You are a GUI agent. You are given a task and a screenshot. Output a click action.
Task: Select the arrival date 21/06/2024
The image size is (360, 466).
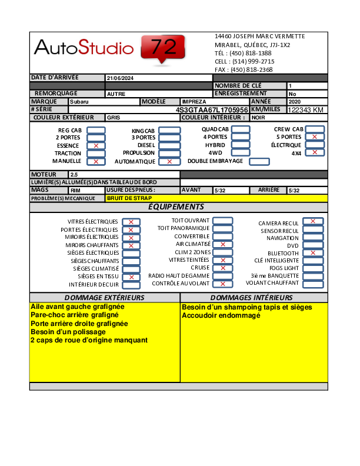[x=120, y=78]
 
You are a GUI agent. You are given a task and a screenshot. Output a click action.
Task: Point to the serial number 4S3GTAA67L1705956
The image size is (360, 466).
[x=212, y=109]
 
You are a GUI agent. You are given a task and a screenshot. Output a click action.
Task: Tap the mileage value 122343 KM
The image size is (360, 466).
[x=305, y=110]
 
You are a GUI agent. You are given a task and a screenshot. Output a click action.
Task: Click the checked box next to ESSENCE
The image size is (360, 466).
[x=96, y=145]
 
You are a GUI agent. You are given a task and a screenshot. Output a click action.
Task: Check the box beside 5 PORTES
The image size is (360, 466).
[x=315, y=137]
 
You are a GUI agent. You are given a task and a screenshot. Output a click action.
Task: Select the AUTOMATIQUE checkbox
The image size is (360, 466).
[x=169, y=161]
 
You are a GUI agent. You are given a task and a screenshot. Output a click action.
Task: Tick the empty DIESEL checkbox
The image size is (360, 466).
[x=169, y=145]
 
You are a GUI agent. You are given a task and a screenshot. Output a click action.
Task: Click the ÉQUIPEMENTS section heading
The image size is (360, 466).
[x=176, y=207]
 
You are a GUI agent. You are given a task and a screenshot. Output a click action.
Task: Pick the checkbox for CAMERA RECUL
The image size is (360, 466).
[x=313, y=221]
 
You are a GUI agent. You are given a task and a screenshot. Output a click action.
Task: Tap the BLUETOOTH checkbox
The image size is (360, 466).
[x=313, y=253]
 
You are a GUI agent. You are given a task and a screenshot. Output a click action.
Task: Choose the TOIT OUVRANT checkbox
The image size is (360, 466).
[x=222, y=221]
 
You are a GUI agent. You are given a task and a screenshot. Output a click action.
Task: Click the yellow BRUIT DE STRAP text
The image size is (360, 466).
[x=129, y=198]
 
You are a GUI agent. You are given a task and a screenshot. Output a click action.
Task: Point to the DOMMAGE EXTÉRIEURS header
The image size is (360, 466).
[x=104, y=298]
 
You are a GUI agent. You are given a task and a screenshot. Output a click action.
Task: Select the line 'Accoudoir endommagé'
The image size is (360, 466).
[x=221, y=315]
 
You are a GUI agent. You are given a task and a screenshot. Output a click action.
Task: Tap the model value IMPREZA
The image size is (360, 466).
[x=194, y=102]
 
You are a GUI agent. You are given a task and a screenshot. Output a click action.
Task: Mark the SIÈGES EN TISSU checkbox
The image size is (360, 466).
[x=131, y=277]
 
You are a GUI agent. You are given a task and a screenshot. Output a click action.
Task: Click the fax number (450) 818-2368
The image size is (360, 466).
[x=251, y=69]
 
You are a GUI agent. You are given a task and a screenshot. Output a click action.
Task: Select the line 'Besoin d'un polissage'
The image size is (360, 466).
[x=68, y=332]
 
